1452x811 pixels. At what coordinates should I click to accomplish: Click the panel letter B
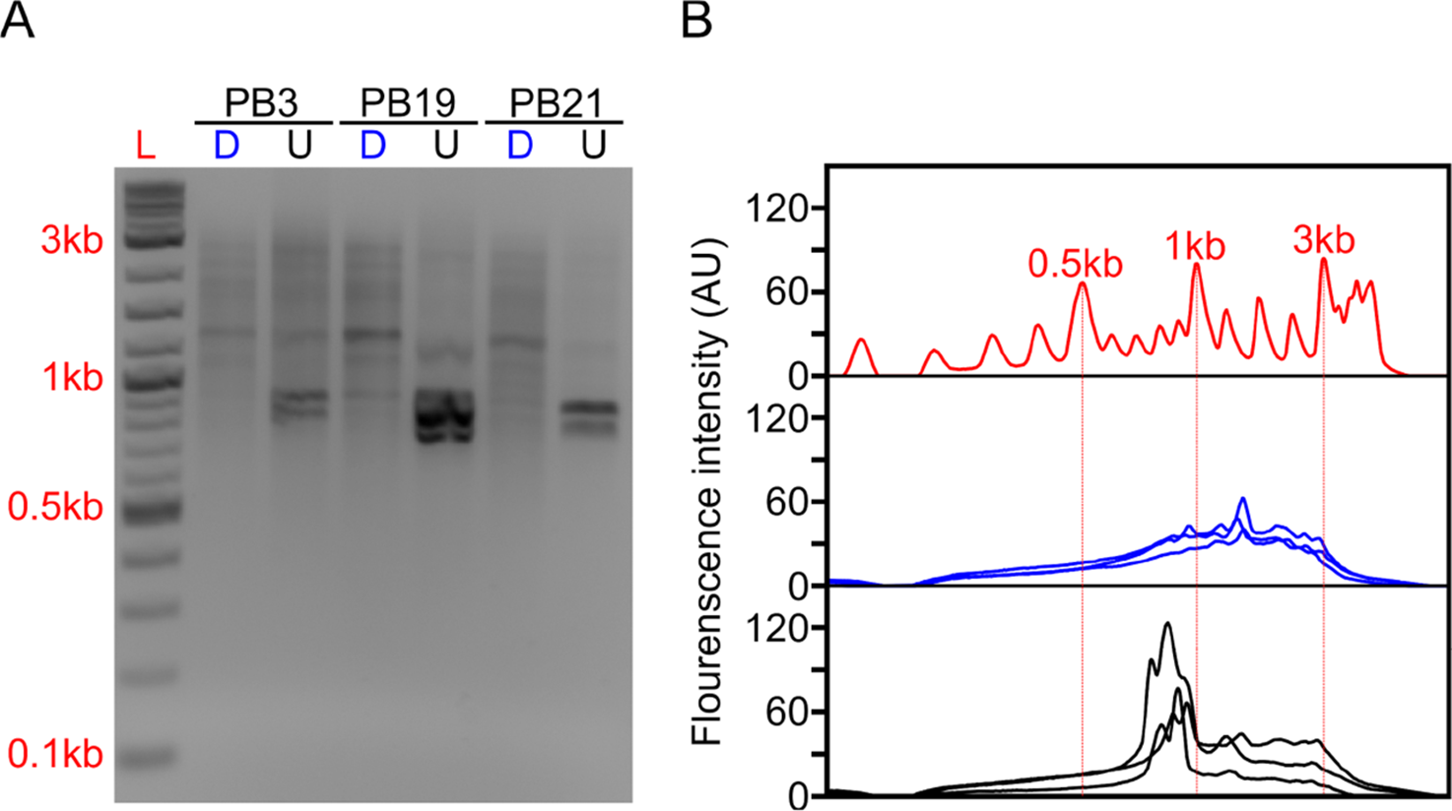[x=696, y=20]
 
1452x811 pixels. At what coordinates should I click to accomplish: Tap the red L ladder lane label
[x=146, y=147]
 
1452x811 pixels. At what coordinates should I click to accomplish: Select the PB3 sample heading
[x=262, y=102]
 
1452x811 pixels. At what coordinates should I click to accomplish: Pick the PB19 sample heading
[x=408, y=102]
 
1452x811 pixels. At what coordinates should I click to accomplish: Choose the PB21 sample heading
[x=556, y=102]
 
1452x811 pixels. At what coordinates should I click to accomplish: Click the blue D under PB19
[x=372, y=146]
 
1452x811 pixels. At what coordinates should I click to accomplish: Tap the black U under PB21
[x=592, y=146]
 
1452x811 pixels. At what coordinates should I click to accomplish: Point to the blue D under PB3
[x=227, y=146]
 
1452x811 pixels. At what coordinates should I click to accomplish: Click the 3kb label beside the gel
[x=71, y=240]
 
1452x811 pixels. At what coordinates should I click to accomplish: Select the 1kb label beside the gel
[x=71, y=377]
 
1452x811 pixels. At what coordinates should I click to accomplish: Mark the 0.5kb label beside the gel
[x=56, y=508]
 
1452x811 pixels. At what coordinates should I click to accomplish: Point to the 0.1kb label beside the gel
[x=56, y=755]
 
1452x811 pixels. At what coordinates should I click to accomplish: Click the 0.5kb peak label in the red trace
[x=1075, y=264]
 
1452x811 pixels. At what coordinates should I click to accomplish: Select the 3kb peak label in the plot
[x=1324, y=240]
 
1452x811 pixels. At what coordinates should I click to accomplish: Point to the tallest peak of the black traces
[x=1167, y=623]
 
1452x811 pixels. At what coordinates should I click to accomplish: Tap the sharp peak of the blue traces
[x=1243, y=499]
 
